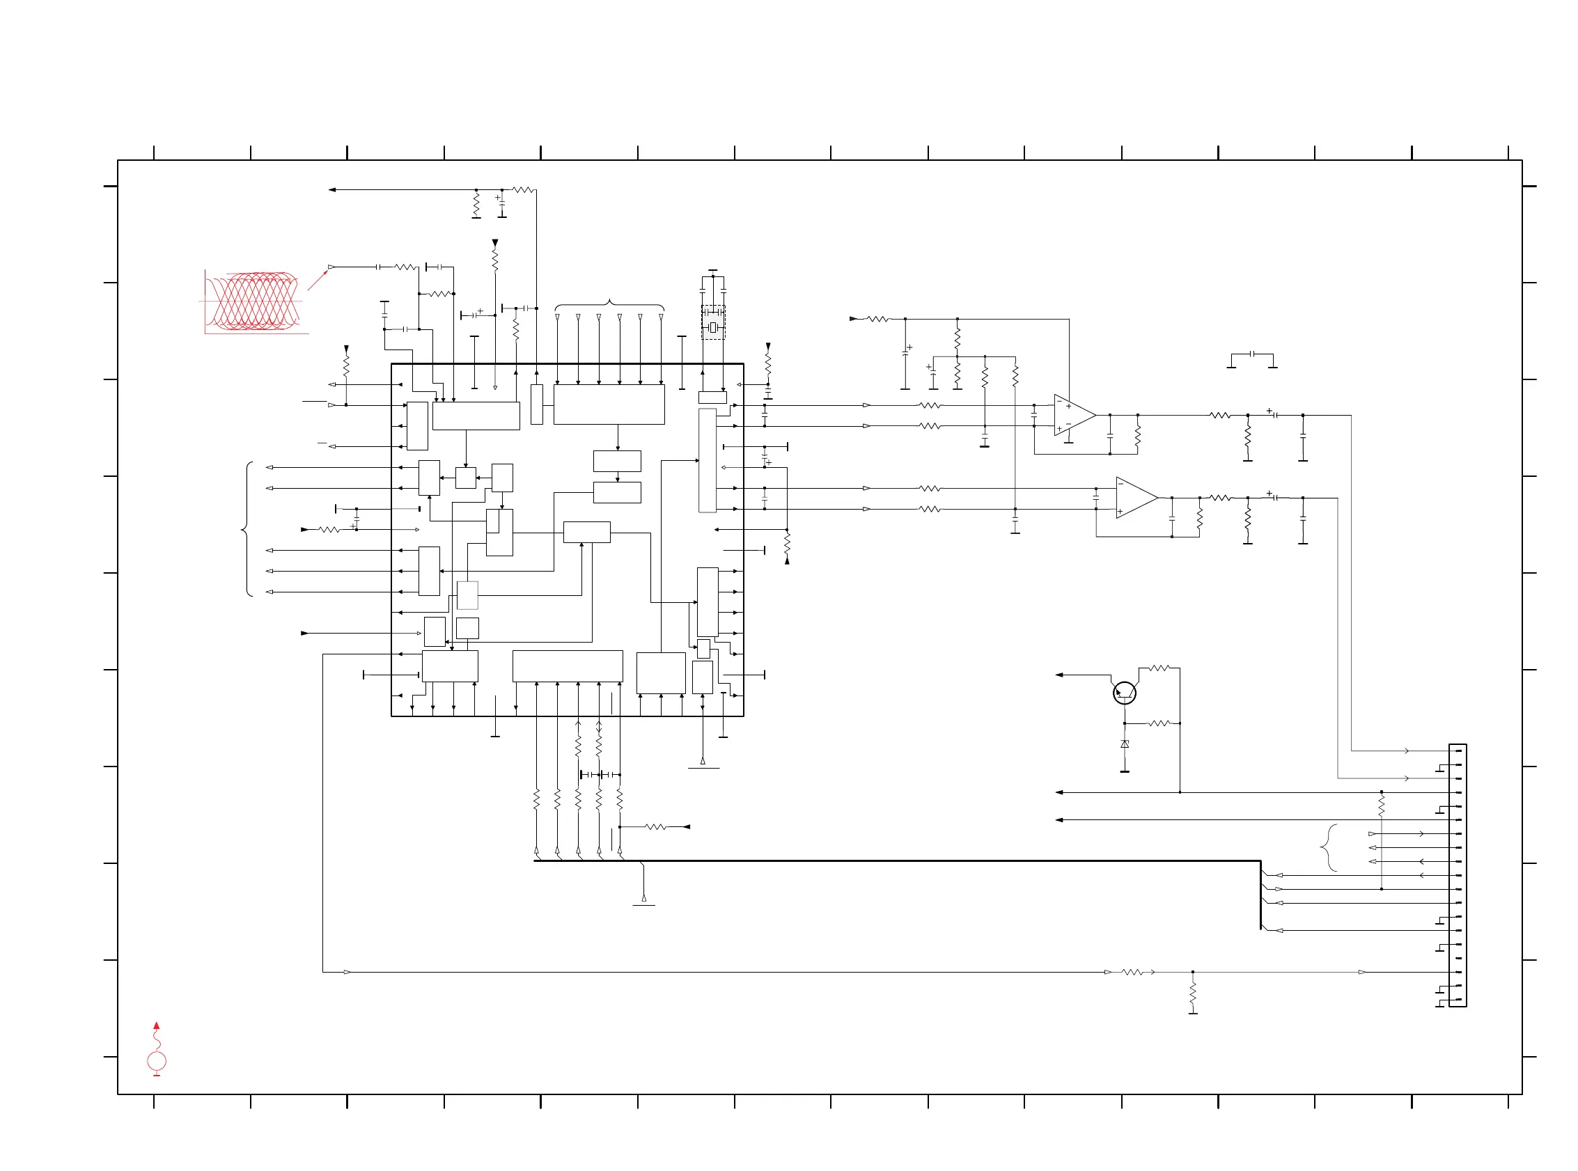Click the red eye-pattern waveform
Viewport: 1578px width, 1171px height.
[x=253, y=301]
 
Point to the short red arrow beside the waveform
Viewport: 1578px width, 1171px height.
[x=318, y=280]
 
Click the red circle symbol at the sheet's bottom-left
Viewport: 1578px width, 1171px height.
[x=157, y=1061]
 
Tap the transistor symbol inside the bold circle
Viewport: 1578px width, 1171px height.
[x=1124, y=693]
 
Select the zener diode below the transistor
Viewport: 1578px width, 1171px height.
[x=1124, y=744]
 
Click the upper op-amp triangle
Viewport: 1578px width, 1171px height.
[x=1073, y=416]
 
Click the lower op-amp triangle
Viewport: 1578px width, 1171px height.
[x=1136, y=498]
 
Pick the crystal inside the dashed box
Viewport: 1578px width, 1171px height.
[x=713, y=327]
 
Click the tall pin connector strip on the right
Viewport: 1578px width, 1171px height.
[x=1458, y=875]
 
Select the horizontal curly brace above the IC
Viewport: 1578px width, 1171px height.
[x=609, y=306]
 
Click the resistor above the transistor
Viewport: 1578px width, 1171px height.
[x=1159, y=668]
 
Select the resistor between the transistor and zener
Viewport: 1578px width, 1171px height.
[x=1159, y=723]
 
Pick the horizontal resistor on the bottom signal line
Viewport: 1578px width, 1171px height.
[x=1132, y=972]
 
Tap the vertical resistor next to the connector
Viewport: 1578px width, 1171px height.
[x=1382, y=805]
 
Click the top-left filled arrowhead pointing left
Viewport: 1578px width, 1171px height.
[x=331, y=190]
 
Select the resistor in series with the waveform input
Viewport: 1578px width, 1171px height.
[x=405, y=267]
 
